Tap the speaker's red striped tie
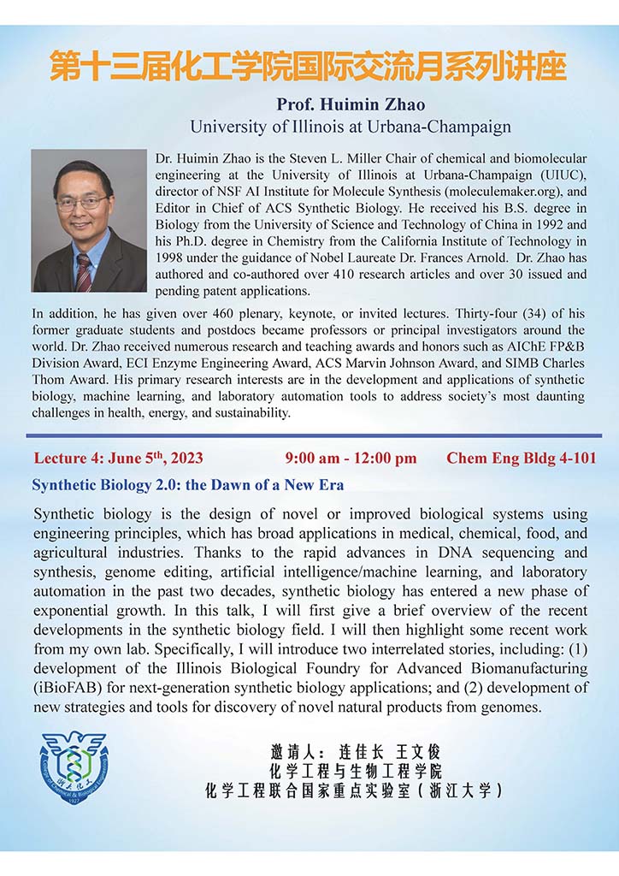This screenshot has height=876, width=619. (x=83, y=272)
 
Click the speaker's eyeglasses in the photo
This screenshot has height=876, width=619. (x=84, y=203)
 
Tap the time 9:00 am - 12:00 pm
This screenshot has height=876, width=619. (x=351, y=458)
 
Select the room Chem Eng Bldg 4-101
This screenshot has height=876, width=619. (x=522, y=458)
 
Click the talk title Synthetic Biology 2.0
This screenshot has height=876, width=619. (x=187, y=485)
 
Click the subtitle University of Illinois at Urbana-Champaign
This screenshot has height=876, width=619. (x=351, y=127)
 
